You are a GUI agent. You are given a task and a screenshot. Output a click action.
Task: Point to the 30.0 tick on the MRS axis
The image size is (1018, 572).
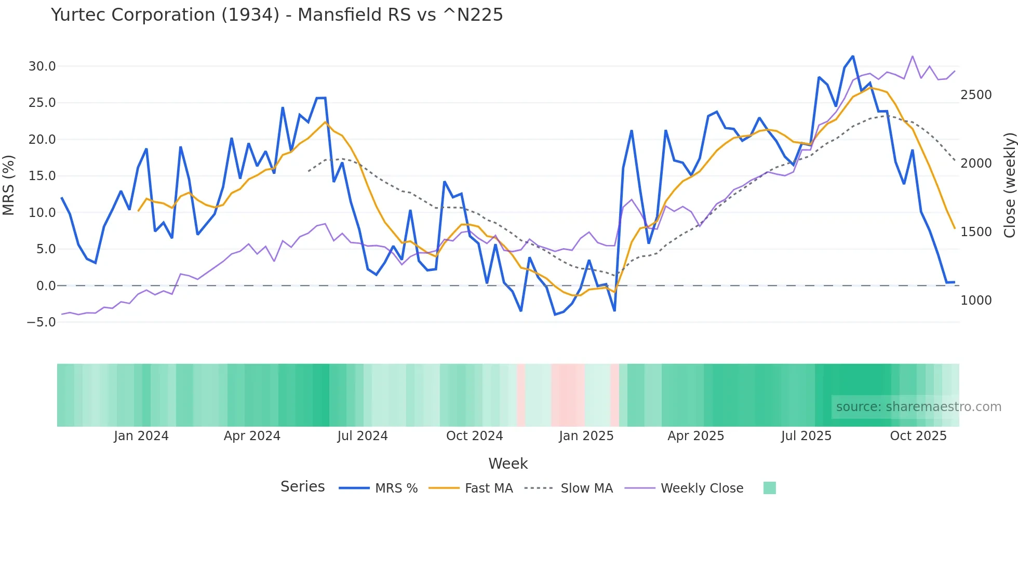tap(42, 66)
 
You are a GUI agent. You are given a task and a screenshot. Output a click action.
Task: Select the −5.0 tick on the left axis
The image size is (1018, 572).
tap(41, 322)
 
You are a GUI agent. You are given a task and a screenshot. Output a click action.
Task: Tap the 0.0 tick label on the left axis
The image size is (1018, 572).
tap(46, 285)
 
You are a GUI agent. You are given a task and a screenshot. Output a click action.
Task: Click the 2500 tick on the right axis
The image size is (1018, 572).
tap(976, 94)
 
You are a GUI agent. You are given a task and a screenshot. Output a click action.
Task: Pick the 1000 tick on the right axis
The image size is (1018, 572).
tap(976, 300)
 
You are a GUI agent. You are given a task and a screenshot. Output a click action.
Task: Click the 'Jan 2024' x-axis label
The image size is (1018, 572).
tap(141, 436)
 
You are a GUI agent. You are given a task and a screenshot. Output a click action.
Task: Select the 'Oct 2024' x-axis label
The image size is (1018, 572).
tap(474, 436)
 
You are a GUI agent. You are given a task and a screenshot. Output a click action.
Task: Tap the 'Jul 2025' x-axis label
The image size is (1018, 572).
tap(806, 436)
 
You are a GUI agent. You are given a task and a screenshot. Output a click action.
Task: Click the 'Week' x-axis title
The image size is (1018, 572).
tap(508, 464)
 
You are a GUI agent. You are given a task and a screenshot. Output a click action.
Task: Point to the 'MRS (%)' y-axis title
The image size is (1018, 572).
tap(9, 185)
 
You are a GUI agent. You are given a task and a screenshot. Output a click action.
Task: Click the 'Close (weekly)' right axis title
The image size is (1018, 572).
tap(1009, 185)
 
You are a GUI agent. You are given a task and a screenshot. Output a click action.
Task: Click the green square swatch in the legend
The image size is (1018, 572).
tap(769, 488)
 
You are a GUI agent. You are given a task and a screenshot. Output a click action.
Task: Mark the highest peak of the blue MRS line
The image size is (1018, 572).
tap(852, 56)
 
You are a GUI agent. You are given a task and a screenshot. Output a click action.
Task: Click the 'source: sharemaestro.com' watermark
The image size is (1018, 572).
tap(918, 407)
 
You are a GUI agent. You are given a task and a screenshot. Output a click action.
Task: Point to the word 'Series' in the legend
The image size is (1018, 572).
tap(302, 486)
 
